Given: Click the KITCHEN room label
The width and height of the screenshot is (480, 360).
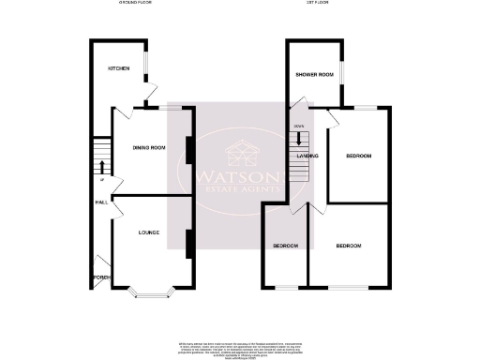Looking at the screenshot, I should (x=118, y=68).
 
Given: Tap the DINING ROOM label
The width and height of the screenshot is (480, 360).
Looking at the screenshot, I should (x=148, y=147).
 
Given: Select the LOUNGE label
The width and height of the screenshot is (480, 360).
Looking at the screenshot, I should (x=148, y=232).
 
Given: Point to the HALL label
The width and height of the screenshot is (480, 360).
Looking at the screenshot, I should (x=99, y=202).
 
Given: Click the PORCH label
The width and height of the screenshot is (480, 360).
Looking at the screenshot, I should (x=99, y=277).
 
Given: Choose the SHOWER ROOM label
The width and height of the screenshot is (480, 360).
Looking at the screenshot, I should (x=314, y=74).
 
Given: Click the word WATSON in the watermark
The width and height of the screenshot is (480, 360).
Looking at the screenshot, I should (x=237, y=177).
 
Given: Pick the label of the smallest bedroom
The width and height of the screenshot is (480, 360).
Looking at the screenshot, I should (x=285, y=246).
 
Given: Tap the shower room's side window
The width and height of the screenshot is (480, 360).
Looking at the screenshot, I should (x=341, y=73).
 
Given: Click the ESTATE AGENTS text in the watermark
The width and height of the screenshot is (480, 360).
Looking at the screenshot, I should (x=237, y=191).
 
